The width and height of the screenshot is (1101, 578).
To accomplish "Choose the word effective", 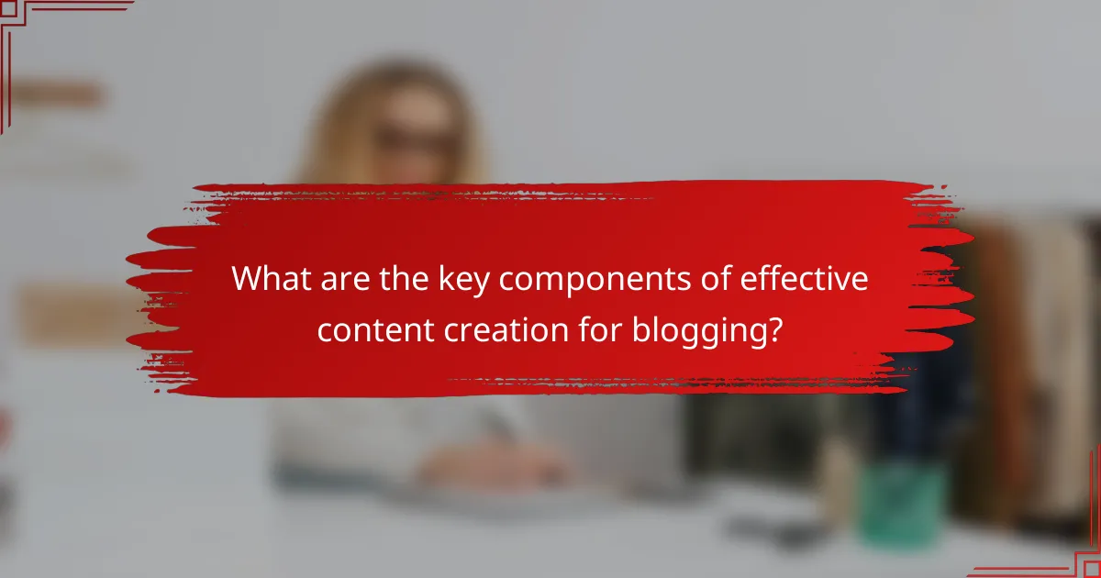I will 793,280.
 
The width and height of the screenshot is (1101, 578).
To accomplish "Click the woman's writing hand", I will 477,463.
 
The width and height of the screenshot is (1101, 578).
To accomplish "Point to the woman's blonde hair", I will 339,128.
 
